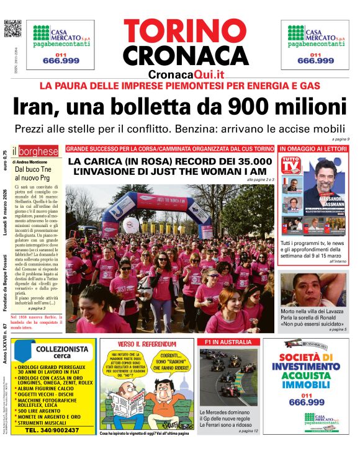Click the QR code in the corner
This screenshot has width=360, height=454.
(x=12, y=29)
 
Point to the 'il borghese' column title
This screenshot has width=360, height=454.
(x=37, y=151)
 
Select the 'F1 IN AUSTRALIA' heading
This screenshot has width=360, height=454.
(x=224, y=342)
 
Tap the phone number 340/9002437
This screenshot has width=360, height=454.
(x=54, y=429)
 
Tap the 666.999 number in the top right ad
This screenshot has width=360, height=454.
(x=315, y=61)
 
